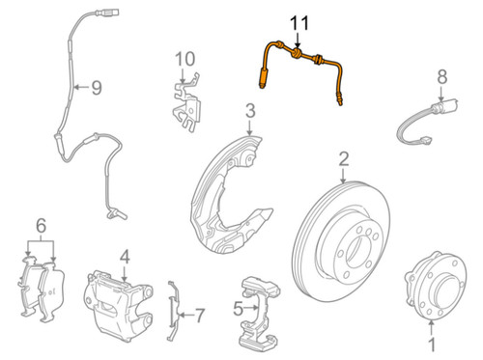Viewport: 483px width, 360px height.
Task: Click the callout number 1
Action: [432, 343]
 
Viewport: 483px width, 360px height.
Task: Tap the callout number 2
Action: [343, 159]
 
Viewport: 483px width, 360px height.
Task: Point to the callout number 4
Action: [124, 257]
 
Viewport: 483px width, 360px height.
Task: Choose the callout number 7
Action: [200, 315]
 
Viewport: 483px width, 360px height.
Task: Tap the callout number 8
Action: [441, 76]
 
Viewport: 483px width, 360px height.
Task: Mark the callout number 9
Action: [96, 88]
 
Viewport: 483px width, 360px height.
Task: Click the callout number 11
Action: [298, 22]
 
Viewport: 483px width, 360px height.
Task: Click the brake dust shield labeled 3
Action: [232, 188]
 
